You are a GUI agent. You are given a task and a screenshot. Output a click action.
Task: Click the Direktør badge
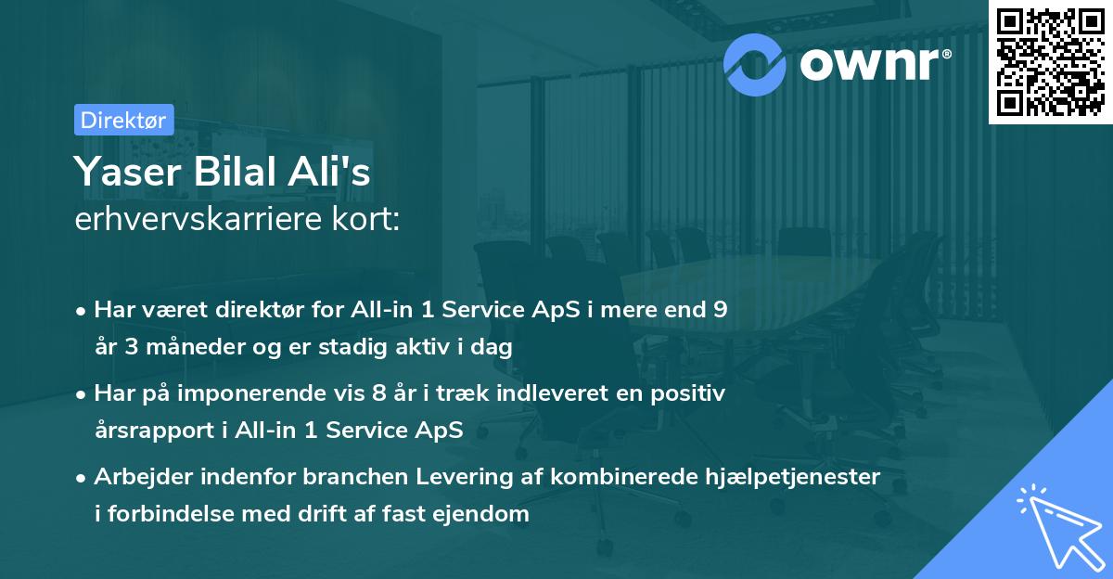tap(123, 120)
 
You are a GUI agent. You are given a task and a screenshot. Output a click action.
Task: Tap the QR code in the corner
tap(1050, 62)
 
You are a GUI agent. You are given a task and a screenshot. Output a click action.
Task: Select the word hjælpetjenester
tap(800, 477)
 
